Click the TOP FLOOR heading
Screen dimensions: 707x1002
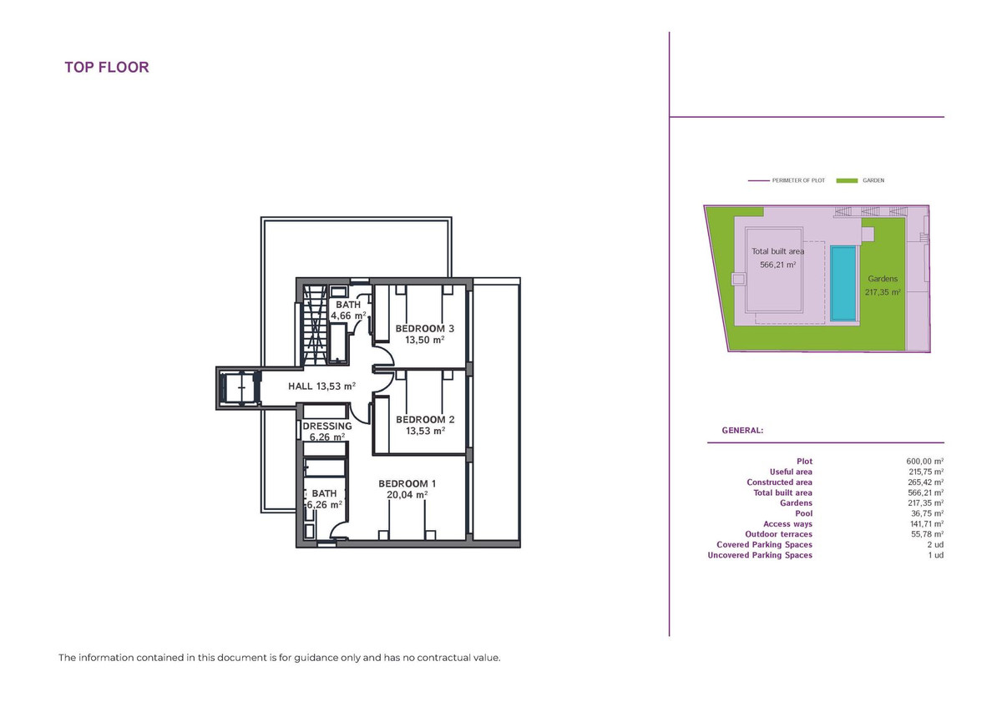[x=107, y=68]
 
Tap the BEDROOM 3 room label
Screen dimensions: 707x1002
[x=419, y=329]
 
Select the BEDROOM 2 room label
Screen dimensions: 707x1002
[x=419, y=419]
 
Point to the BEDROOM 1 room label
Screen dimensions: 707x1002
[x=407, y=483]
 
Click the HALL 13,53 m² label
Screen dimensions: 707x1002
[x=321, y=386]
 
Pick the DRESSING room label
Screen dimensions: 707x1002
[x=327, y=426]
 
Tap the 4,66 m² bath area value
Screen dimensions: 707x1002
[x=348, y=316]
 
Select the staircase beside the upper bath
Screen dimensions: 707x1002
[x=315, y=326]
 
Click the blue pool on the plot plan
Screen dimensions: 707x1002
[x=843, y=283]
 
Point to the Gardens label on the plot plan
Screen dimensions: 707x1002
[x=882, y=279]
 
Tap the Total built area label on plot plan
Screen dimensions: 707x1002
[x=777, y=251]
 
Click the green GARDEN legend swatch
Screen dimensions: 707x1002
[x=847, y=180]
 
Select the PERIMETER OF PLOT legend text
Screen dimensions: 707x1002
[x=798, y=180]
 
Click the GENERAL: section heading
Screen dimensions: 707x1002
[x=742, y=431]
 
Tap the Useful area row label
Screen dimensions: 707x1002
[x=791, y=472]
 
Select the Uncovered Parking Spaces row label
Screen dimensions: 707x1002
[x=760, y=555]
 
